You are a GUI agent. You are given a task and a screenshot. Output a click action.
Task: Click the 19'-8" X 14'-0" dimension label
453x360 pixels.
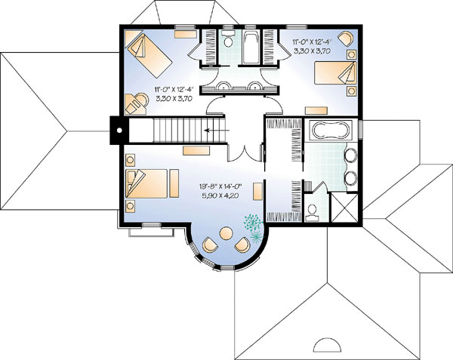point(220,186)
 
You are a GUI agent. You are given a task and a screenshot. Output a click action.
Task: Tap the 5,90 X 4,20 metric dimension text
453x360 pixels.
point(220,195)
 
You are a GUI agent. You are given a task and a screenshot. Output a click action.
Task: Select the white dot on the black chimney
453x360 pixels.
point(119,131)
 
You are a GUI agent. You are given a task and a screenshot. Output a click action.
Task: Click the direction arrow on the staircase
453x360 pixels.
point(217,131)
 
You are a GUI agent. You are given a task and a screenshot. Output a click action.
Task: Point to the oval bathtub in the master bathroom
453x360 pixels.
point(331,130)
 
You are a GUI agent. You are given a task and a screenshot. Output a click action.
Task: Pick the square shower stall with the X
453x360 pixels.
point(344,208)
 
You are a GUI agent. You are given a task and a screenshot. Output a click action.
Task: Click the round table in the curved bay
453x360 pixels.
point(226,233)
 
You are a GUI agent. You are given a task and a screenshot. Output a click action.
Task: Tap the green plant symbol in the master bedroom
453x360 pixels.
point(254,227)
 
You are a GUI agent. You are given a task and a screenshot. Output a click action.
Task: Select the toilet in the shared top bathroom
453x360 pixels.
point(229,39)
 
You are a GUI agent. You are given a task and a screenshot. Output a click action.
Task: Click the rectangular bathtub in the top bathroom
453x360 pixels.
point(251,47)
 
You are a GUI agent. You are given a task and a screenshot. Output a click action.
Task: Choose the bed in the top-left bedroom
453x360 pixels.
point(149,55)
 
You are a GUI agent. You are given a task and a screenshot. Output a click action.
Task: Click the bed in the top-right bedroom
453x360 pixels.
point(335,72)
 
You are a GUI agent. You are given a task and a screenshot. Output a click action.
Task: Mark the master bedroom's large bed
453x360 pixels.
point(146,183)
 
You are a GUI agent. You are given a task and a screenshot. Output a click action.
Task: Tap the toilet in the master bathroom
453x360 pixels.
point(312,212)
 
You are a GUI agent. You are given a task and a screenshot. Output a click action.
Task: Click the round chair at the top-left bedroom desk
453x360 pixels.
point(141,100)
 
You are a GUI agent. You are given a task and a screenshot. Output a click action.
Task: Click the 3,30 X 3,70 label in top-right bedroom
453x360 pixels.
point(313,51)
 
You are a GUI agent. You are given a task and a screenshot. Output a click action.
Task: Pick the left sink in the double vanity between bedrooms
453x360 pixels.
point(223,86)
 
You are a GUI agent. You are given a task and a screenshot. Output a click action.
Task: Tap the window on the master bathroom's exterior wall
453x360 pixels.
point(360,128)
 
